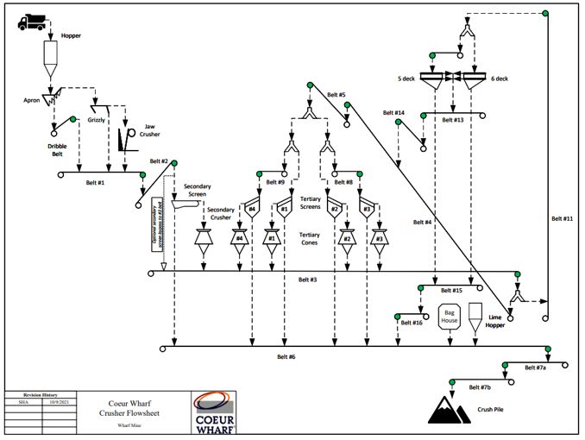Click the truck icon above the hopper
(31, 22)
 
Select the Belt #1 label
(96, 183)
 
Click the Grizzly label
(97, 120)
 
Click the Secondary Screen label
(192, 191)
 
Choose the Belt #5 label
(337, 94)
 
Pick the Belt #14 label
(393, 112)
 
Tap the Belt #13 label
(453, 120)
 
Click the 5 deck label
(406, 79)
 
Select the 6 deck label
(500, 79)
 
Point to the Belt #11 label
(562, 218)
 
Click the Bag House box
(450, 316)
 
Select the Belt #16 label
(412, 323)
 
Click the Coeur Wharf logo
(213, 412)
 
